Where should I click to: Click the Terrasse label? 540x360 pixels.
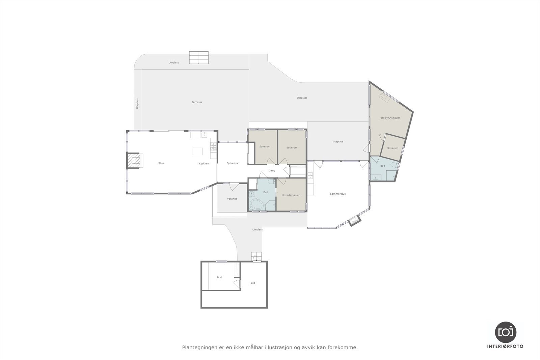pyautogui.click(x=197, y=102)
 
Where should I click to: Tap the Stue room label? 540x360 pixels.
pyautogui.click(x=161, y=163)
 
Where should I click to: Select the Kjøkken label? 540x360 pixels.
pyautogui.click(x=204, y=164)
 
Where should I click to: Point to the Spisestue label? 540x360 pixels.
pyautogui.click(x=232, y=163)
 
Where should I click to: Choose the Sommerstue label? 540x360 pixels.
pyautogui.click(x=338, y=194)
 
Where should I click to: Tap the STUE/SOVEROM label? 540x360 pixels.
pyautogui.click(x=390, y=118)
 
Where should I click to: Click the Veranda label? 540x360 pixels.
pyautogui.click(x=232, y=199)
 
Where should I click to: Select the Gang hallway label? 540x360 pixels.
pyautogui.click(x=272, y=171)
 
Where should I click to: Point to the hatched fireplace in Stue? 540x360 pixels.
pyautogui.click(x=133, y=161)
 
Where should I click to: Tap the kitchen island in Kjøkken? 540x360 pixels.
pyautogui.click(x=197, y=151)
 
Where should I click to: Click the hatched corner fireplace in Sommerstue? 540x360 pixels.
pyautogui.click(x=354, y=220)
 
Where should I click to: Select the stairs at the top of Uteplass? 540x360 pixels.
pyautogui.click(x=199, y=57)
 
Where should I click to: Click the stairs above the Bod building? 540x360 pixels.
pyautogui.click(x=256, y=257)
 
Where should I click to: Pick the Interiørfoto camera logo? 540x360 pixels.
pyautogui.click(x=506, y=332)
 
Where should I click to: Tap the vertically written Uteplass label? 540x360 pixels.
pyautogui.click(x=137, y=104)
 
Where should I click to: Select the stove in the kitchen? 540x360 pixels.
pyautogui.click(x=213, y=146)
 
